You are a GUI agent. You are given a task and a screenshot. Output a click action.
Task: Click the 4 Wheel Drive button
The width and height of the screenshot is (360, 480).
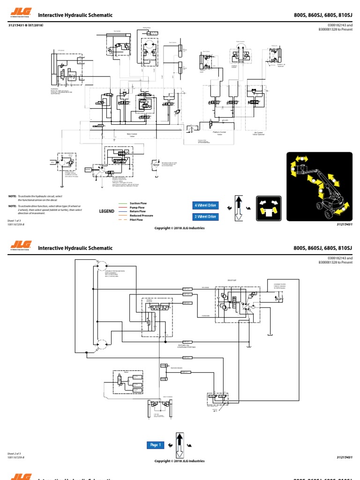tap(205, 205)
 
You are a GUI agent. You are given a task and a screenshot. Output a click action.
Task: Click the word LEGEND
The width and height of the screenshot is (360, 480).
tap(107, 211)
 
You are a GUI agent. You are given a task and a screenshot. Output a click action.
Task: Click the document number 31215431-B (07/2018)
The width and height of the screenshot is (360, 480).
tap(25, 25)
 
